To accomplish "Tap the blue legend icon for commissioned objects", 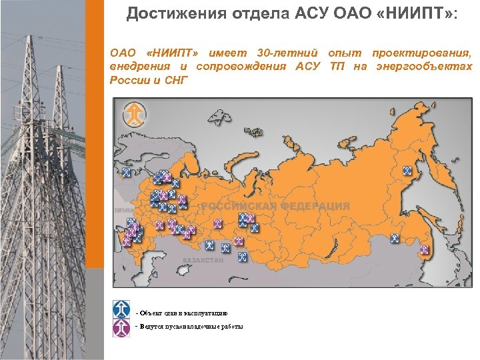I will point(121,308).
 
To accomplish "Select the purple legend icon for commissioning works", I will point(121,327).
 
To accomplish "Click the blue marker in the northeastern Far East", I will point(406,171).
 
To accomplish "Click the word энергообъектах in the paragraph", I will point(425,66).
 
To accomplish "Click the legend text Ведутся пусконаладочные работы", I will point(190,327).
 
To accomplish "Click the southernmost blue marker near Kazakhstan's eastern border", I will point(243,256).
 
